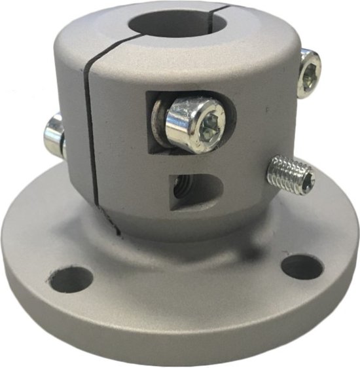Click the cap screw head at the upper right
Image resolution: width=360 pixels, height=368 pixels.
tap(308, 73)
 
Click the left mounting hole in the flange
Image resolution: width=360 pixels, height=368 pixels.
tap(71, 279)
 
